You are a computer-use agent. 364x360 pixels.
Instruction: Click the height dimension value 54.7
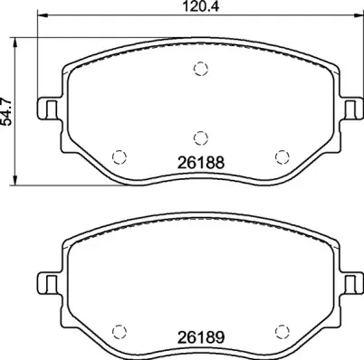tap(8, 115)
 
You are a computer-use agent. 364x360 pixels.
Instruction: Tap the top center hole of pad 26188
tap(201, 70)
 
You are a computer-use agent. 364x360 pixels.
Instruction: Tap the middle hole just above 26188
tap(201, 137)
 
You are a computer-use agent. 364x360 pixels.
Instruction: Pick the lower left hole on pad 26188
tap(116, 155)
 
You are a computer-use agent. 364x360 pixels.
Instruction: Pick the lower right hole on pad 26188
tap(282, 155)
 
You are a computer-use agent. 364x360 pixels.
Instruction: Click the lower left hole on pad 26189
tap(116, 328)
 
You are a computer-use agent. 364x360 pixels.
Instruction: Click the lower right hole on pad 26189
tap(282, 328)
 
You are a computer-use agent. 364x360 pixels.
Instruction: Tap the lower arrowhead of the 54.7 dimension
tap(20, 181)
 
